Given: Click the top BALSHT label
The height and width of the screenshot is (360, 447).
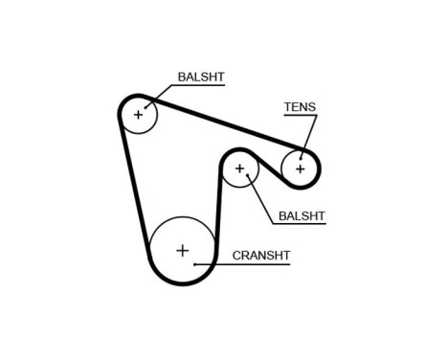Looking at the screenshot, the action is click(x=200, y=77).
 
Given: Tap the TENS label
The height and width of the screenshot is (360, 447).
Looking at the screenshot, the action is click(x=299, y=106).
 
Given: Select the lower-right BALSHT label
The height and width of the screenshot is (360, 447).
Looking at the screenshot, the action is click(x=301, y=215).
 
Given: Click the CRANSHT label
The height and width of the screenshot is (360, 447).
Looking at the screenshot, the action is click(x=260, y=256).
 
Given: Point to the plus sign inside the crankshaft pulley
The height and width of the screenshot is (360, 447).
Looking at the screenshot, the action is click(x=182, y=251).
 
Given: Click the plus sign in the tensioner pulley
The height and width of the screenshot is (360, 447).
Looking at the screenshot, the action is click(x=300, y=169).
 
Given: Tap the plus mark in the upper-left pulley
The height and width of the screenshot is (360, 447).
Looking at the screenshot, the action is click(x=138, y=115).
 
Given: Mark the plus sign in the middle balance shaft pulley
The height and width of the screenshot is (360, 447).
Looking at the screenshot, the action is click(x=240, y=170).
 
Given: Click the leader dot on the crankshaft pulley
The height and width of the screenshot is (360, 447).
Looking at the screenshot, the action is click(x=195, y=263).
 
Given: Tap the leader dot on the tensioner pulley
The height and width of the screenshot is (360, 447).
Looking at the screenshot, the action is click(x=302, y=155).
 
